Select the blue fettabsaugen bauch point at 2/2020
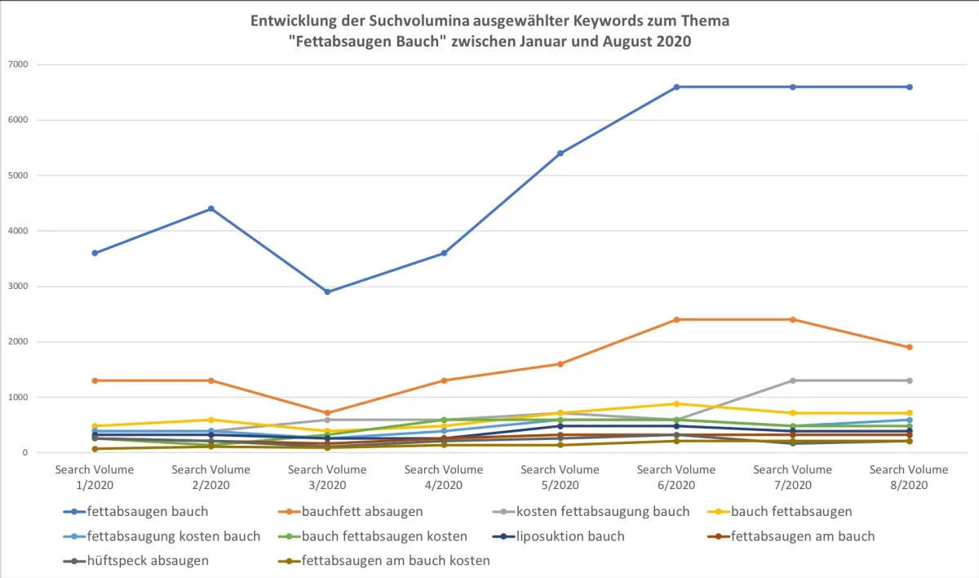coord(211,209)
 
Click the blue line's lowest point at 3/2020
coord(327,291)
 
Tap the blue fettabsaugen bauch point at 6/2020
coord(676,87)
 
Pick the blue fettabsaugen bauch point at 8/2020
coord(909,87)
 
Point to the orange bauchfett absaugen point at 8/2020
coord(909,347)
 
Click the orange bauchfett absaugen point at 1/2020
coord(95,380)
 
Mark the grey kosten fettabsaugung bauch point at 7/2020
coord(792,380)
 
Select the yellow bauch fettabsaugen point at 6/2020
coord(676,404)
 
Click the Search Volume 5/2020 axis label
coord(560,477)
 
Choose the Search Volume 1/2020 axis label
coord(95,477)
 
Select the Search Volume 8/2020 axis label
coord(909,477)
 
